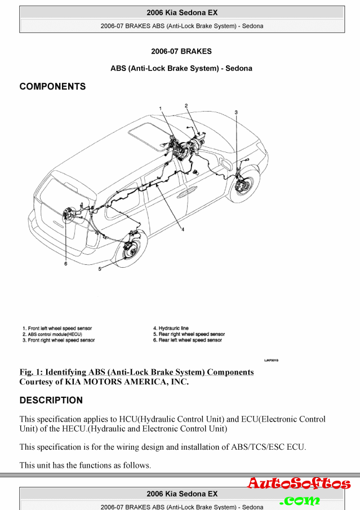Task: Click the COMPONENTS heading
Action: (x=52, y=87)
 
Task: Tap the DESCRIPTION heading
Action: (x=51, y=401)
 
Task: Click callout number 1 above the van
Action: (x=160, y=108)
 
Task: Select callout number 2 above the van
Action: (x=186, y=105)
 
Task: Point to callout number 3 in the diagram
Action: (x=236, y=112)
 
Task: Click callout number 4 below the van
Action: (x=183, y=230)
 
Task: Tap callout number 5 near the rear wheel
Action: (x=100, y=269)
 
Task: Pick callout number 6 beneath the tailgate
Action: (x=65, y=263)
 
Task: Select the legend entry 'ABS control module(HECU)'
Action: (x=54, y=334)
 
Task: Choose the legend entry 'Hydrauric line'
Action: (x=171, y=328)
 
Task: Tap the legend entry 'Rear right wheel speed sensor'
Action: (x=189, y=334)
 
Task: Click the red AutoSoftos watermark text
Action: (x=299, y=484)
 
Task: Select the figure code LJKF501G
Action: (x=272, y=359)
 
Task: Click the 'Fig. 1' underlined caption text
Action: (x=136, y=372)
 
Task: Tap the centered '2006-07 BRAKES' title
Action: (x=181, y=51)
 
